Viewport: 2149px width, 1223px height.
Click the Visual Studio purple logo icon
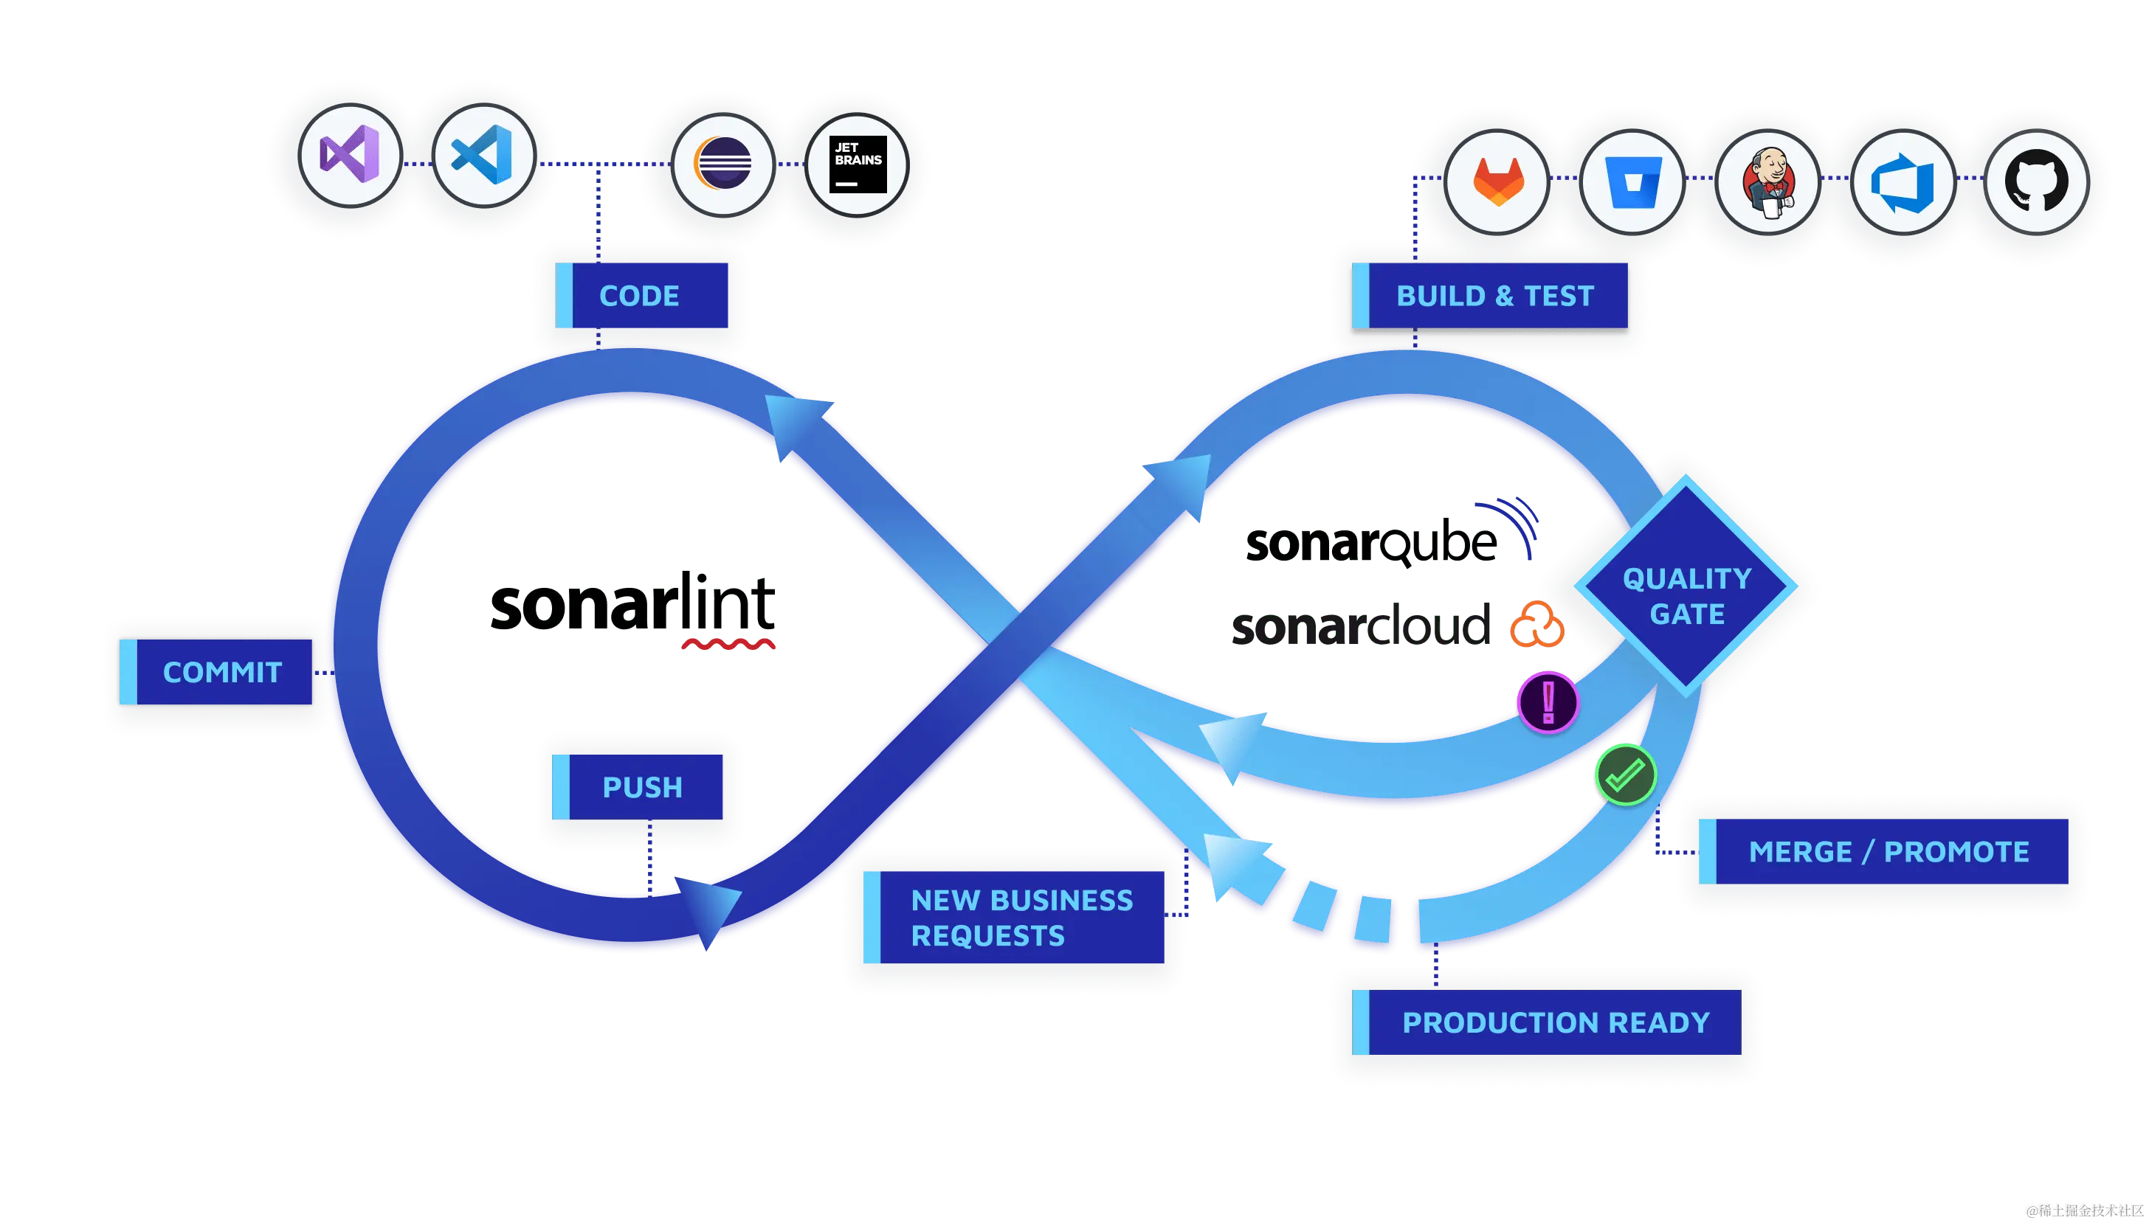350,156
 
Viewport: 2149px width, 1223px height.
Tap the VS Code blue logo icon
483,156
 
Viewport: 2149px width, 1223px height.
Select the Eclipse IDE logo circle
722,164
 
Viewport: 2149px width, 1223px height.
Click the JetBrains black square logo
858,164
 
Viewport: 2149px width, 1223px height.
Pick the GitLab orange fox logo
1498,181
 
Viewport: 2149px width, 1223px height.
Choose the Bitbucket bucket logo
1632,181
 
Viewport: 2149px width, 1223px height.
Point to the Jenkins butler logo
1767,181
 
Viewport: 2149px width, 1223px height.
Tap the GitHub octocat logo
2036,181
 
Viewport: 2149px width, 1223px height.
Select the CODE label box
641,296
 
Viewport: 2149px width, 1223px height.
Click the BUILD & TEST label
1491,296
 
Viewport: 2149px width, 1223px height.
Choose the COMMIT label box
217,672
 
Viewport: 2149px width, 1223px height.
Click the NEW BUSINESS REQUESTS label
1014,918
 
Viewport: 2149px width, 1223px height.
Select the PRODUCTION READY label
1547,1022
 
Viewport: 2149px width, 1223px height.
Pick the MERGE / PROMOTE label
1883,852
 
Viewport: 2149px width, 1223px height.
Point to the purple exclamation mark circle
1548,701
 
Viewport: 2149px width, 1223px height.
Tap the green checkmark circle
1625,775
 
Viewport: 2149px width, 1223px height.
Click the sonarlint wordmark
634,605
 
